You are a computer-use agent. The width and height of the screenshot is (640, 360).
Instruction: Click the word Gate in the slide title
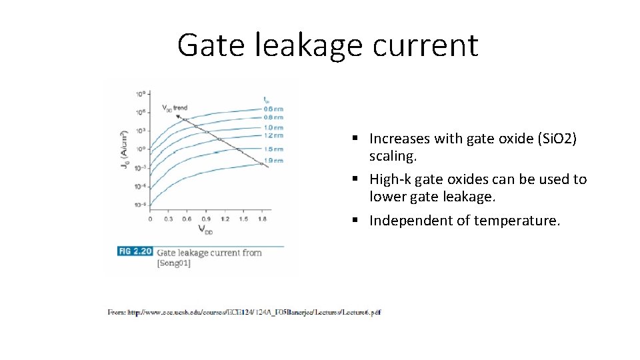pyautogui.click(x=210, y=45)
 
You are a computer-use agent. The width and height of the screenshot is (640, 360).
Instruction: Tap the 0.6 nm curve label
pyautogui.click(x=273, y=109)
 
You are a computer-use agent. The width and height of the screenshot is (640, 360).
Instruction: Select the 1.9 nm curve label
pyautogui.click(x=273, y=161)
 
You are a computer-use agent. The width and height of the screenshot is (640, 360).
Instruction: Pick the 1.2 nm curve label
pyautogui.click(x=273, y=135)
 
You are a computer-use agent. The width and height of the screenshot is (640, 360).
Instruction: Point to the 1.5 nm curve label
pyautogui.click(x=273, y=149)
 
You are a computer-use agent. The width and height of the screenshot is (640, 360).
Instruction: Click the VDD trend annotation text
pyautogui.click(x=175, y=107)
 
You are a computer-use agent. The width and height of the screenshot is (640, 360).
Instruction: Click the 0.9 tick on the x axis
pyautogui.click(x=206, y=219)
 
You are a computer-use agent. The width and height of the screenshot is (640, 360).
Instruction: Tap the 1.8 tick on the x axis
pyautogui.click(x=263, y=219)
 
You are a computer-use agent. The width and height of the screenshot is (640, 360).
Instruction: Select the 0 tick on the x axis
pyautogui.click(x=150, y=219)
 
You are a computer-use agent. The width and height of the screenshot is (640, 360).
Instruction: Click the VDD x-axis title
pyautogui.click(x=205, y=230)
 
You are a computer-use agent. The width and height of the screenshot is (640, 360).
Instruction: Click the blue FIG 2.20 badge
pyautogui.click(x=135, y=251)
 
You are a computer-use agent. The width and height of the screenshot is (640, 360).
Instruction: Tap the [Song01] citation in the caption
pyautogui.click(x=174, y=263)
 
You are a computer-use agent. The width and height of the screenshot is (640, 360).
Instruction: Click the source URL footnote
pyautogui.click(x=244, y=312)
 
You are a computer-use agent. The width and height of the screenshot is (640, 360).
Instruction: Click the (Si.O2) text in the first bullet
pyautogui.click(x=552, y=139)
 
